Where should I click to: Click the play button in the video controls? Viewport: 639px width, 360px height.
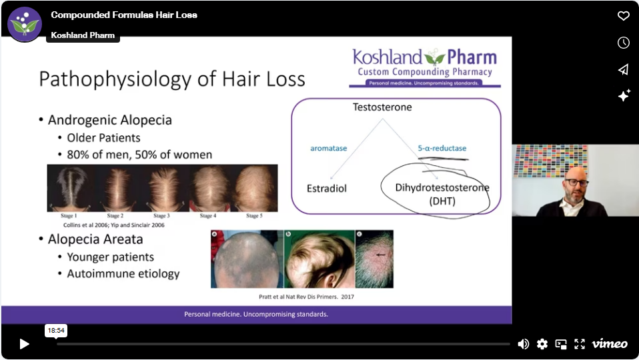25,344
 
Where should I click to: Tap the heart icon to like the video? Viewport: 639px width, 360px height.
624,16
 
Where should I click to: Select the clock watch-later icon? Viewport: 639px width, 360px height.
624,43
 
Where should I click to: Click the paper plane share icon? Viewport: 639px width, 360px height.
624,69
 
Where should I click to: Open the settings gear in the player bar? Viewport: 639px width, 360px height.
542,344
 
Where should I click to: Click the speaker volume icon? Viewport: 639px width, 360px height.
523,344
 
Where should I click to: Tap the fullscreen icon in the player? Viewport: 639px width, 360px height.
580,344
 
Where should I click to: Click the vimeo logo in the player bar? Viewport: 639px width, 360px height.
610,344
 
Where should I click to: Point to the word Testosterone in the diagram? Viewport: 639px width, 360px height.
382,107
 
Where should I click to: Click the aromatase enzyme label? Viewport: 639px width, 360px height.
328,148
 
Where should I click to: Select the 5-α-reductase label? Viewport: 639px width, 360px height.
442,148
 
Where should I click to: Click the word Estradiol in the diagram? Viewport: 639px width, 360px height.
327,189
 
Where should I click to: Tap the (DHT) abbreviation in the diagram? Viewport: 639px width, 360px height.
442,201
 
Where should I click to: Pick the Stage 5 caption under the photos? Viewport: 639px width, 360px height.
254,216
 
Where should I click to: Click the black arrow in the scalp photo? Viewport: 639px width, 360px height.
380,255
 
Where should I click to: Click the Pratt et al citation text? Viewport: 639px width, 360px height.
306,297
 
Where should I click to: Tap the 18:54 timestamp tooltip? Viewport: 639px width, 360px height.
56,330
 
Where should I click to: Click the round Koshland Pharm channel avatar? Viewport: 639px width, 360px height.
25,25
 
